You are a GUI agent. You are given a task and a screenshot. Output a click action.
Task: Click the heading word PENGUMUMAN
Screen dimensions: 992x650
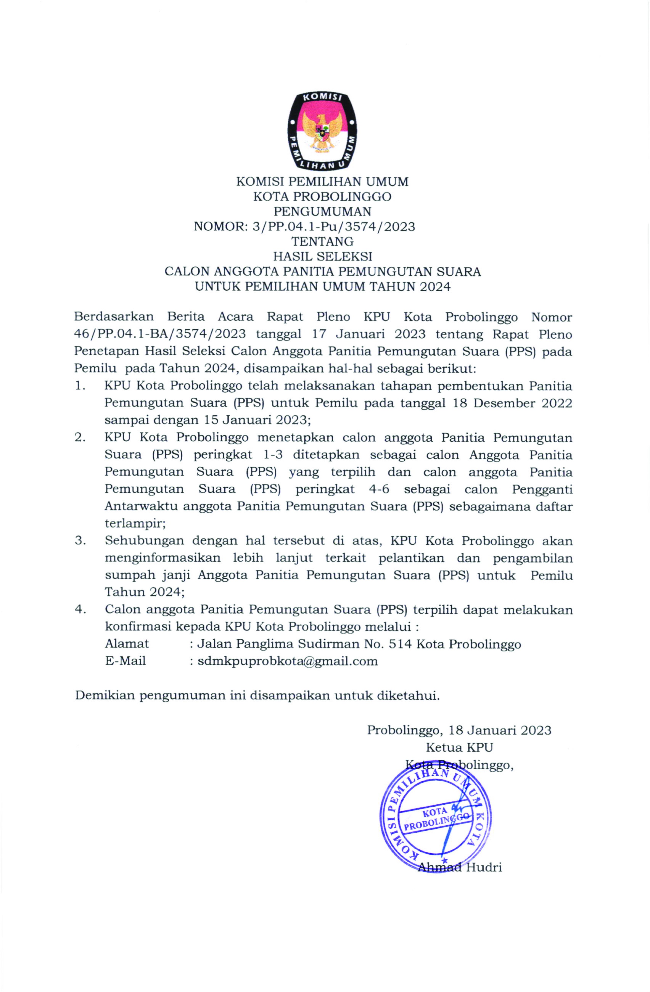click(x=322, y=211)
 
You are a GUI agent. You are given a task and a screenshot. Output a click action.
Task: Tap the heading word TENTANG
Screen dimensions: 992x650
click(x=322, y=241)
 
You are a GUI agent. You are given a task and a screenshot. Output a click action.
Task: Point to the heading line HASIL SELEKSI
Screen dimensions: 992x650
click(x=322, y=256)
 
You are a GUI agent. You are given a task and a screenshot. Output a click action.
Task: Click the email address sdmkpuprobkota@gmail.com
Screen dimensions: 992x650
click(x=288, y=661)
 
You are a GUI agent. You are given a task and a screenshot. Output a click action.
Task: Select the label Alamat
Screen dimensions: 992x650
click(x=127, y=644)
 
